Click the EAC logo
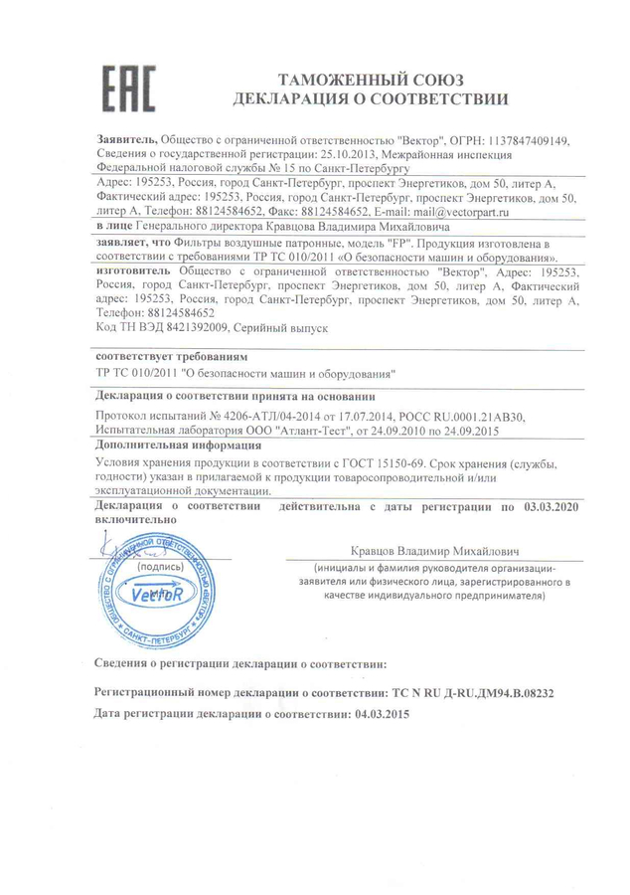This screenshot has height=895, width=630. pyautogui.click(x=129, y=88)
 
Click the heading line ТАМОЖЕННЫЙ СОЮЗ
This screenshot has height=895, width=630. pyautogui.click(x=371, y=79)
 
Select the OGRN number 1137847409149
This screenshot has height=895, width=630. pyautogui.click(x=521, y=141)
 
